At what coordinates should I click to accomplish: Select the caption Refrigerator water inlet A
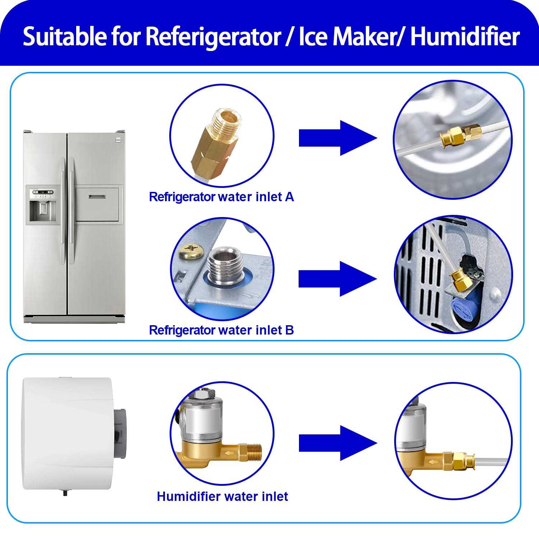pyautogui.click(x=221, y=197)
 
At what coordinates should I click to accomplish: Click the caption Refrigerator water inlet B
pyautogui.click(x=221, y=330)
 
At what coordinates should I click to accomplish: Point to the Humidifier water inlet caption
pyautogui.click(x=222, y=497)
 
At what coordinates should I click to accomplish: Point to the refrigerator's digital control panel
pyautogui.click(x=43, y=192)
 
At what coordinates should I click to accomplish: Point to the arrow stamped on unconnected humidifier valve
pyautogui.click(x=228, y=453)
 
